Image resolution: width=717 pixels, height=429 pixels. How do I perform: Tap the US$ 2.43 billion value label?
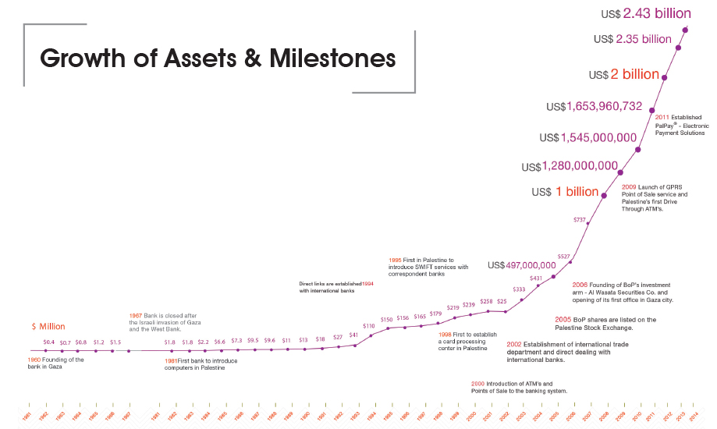tap(646, 13)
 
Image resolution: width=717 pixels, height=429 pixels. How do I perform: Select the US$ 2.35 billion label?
tap(633, 39)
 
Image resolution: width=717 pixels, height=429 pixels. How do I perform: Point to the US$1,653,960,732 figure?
tap(595, 106)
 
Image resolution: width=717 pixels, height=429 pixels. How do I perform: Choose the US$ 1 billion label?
tap(565, 192)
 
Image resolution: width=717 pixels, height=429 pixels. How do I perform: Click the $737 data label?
tap(579, 220)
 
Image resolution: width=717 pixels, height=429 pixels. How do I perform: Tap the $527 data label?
tap(563, 257)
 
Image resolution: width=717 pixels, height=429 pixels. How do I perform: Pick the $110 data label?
tap(369, 326)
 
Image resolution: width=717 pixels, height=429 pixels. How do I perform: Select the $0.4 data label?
tap(48, 342)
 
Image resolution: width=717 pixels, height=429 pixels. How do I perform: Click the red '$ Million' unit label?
tap(48, 326)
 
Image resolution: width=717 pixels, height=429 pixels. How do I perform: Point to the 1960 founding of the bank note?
tap(56, 363)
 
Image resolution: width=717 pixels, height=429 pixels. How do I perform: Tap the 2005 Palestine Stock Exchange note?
tap(604, 323)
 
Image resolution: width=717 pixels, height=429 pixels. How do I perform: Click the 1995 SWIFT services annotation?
tap(428, 267)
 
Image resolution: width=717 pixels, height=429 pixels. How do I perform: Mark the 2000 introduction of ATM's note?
tap(519, 387)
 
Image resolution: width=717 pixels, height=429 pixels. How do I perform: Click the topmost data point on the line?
tap(686, 30)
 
